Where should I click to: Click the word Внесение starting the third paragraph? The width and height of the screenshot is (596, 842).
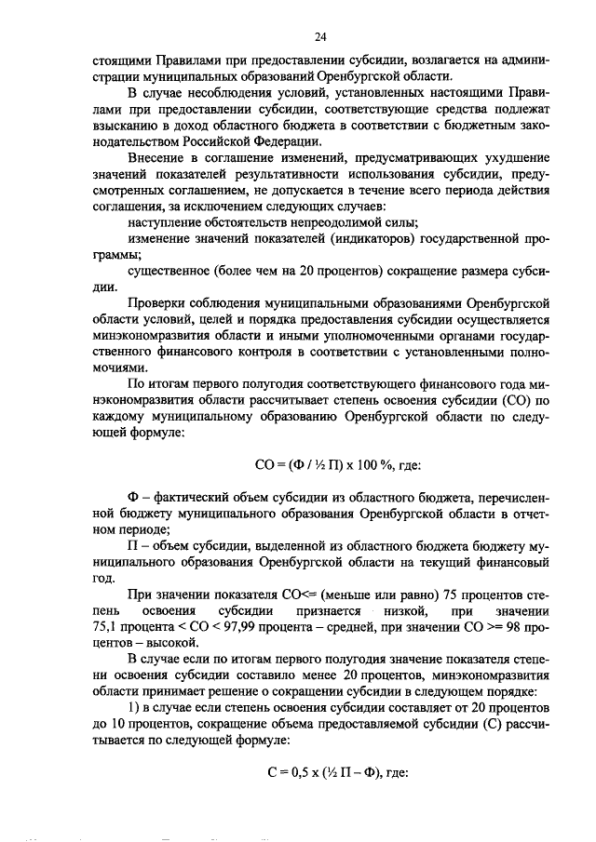(x=157, y=158)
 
